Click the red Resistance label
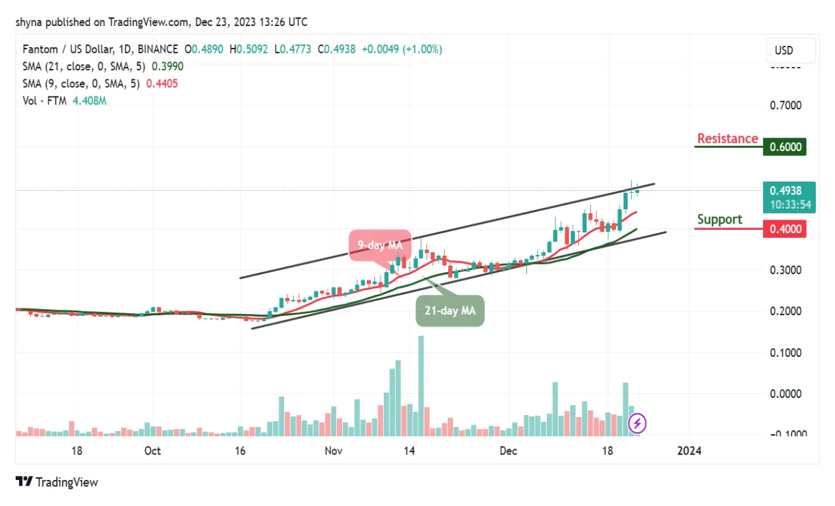pos(727,139)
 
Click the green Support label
pos(719,219)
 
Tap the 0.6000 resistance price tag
pos(784,147)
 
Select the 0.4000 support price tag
pos(784,229)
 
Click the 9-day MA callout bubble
pos(380,245)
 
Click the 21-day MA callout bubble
pos(450,310)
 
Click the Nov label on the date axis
pos(333,451)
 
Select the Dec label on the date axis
pos(508,451)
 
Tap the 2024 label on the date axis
pos(689,451)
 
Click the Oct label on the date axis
pos(153,451)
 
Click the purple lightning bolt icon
pos(637,423)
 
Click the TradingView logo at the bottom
pos(57,482)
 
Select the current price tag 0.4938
pos(784,191)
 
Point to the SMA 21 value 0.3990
pos(167,66)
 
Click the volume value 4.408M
pos(89,101)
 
